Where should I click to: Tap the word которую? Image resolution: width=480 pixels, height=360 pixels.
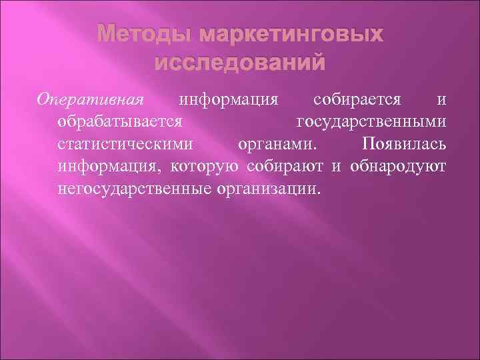[207, 167]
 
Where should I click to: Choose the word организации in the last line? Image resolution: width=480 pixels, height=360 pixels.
[268, 188]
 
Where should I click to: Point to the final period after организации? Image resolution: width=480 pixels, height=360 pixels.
[319, 192]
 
